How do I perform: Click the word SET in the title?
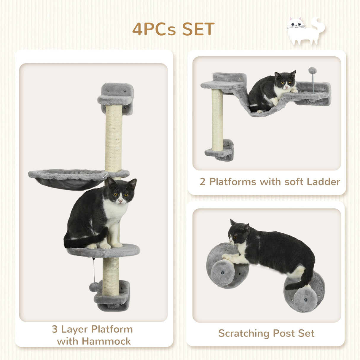tap(198, 29)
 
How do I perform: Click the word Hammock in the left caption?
tap(106, 341)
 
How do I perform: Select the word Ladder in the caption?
tap(323, 182)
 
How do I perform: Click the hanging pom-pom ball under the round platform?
tap(94, 287)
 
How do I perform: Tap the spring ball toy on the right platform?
tap(312, 71)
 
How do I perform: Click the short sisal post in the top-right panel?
tap(217, 119)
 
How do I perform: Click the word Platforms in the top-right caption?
tap(232, 182)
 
